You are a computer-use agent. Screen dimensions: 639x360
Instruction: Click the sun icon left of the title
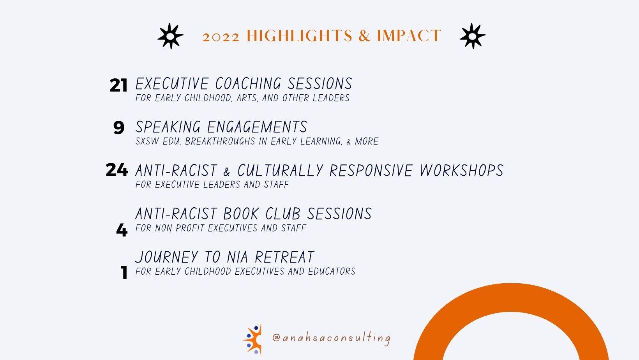click(170, 36)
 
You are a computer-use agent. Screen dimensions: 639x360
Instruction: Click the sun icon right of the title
click(472, 36)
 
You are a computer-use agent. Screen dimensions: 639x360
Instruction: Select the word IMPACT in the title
click(409, 36)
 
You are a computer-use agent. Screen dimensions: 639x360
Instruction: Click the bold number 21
click(118, 85)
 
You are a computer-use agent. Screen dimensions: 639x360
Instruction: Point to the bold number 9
click(119, 127)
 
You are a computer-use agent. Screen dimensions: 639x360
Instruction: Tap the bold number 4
click(122, 229)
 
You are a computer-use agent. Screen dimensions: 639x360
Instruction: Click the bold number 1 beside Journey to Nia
click(124, 272)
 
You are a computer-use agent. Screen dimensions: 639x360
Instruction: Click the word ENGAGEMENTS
click(257, 127)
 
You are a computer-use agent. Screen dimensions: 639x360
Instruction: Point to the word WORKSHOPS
click(462, 170)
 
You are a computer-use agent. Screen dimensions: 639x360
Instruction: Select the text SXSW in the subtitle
click(147, 141)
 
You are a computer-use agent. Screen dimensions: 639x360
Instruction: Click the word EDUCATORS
click(332, 271)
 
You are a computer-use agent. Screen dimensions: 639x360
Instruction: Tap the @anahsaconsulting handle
click(331, 338)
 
